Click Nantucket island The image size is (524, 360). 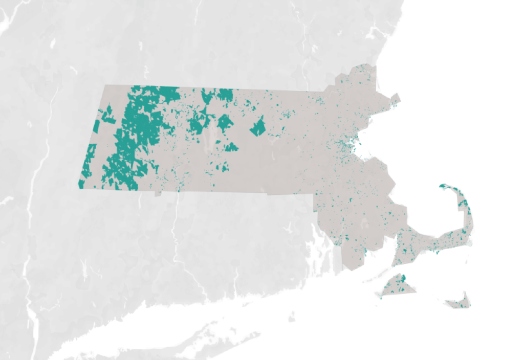pos(459,302)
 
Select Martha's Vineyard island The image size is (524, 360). pos(397,286)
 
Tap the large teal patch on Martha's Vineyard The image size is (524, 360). pos(402,278)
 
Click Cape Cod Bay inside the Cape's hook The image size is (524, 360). pos(435,215)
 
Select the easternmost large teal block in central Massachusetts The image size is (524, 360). pos(258,127)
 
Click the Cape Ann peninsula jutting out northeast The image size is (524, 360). pos(394,98)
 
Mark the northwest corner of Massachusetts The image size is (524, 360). pos(104,86)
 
